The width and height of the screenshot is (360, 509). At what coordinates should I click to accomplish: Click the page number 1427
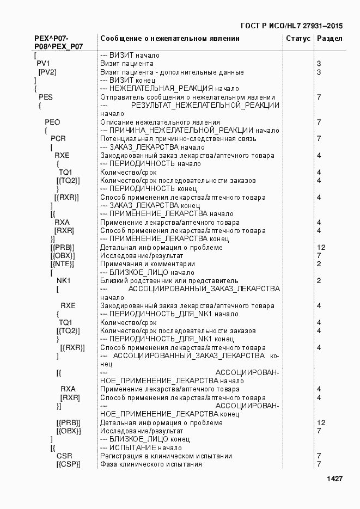point(334,479)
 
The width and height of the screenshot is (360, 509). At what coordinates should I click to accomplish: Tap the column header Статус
point(298,39)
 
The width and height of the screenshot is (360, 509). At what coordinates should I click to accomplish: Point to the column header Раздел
point(330,39)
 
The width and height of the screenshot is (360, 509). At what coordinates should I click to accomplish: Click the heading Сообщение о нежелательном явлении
point(169,39)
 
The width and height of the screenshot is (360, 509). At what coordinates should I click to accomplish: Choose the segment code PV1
point(43,64)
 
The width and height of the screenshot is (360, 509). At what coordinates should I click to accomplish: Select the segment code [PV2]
point(47,72)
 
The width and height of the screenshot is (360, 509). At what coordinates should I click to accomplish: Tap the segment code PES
point(46,97)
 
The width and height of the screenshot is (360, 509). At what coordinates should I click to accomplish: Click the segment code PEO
point(52,122)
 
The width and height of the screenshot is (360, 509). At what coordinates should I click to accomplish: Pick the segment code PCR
point(58,139)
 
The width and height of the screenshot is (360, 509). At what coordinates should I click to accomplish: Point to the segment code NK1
point(64,281)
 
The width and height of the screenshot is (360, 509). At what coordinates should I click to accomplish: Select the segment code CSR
point(64,456)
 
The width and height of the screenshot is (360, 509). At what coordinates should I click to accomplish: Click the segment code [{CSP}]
point(68,464)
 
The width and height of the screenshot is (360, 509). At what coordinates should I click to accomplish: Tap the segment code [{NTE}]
point(62,264)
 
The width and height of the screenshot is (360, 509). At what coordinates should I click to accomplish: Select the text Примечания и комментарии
point(147,264)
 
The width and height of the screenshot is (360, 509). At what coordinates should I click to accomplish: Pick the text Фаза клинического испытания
point(151,464)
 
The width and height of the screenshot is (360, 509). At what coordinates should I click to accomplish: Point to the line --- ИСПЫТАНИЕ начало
point(142,448)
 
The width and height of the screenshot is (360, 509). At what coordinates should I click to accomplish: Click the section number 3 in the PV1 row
point(319,64)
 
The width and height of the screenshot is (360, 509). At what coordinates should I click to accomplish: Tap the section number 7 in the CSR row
point(319,456)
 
